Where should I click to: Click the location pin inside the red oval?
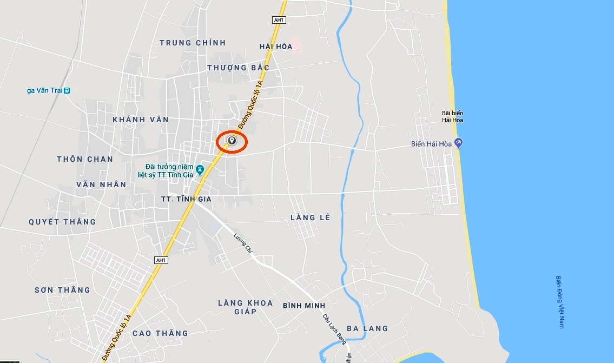(x=232, y=141)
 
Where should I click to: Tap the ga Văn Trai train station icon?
(x=67, y=90)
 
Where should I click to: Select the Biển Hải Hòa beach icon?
(x=459, y=143)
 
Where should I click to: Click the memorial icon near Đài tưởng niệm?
(x=200, y=170)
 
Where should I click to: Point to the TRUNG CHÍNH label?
(x=193, y=43)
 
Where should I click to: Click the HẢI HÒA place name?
(x=276, y=47)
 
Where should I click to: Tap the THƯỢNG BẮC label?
(x=238, y=68)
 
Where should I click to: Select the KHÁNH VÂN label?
(x=141, y=120)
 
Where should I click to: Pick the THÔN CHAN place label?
(x=85, y=159)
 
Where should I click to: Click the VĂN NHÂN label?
(x=101, y=184)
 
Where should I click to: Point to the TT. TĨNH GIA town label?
(x=186, y=199)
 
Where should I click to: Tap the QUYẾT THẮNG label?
(x=62, y=222)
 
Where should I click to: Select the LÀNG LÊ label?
(x=310, y=217)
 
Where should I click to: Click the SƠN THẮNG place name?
(x=62, y=290)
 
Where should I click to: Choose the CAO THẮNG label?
(x=160, y=333)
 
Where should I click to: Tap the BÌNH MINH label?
(x=304, y=306)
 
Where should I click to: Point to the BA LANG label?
(x=367, y=328)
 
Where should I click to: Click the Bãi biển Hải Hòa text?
(x=452, y=116)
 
